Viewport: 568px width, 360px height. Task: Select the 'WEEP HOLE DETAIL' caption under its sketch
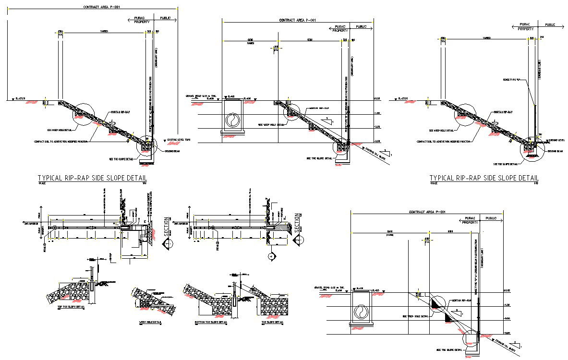coord(150,323)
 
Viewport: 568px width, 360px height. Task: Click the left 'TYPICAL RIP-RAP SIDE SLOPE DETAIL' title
coord(93,178)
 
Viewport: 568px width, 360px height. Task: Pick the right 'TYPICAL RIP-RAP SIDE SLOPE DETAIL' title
coord(484,178)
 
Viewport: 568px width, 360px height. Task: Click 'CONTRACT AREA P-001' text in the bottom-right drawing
coord(428,212)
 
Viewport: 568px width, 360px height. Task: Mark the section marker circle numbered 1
coord(169,244)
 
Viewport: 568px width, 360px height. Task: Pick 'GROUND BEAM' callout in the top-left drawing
coord(174,150)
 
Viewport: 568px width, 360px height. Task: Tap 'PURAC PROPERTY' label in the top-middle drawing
coord(340,28)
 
